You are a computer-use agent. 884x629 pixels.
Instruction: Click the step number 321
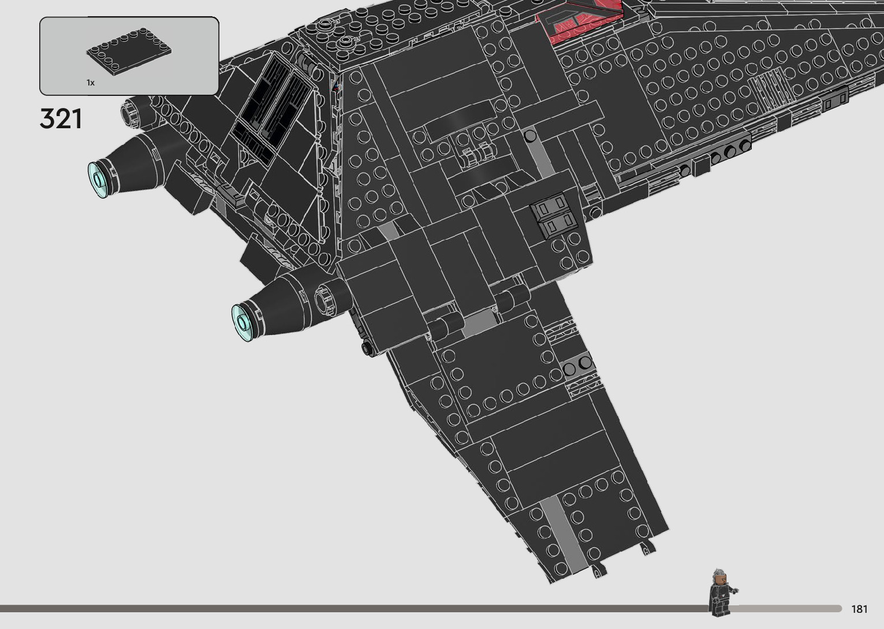[61, 119]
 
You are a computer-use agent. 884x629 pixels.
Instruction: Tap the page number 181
[859, 609]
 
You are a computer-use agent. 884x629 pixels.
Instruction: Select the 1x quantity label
[91, 83]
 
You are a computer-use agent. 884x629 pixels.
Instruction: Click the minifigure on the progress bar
[721, 592]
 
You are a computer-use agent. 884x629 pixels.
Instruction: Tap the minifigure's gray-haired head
[718, 576]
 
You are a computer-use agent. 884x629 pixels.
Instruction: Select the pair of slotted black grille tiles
[554, 215]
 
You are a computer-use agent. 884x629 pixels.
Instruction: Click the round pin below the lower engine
[366, 348]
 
